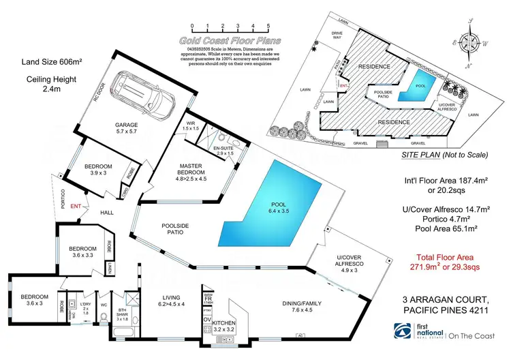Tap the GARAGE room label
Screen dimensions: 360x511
pyautogui.click(x=126, y=125)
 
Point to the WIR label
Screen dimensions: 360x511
pyautogui.click(x=191, y=123)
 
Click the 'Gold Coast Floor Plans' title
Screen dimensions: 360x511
pyautogui.click(x=230, y=41)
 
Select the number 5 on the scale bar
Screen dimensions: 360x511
pyautogui.click(x=268, y=26)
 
